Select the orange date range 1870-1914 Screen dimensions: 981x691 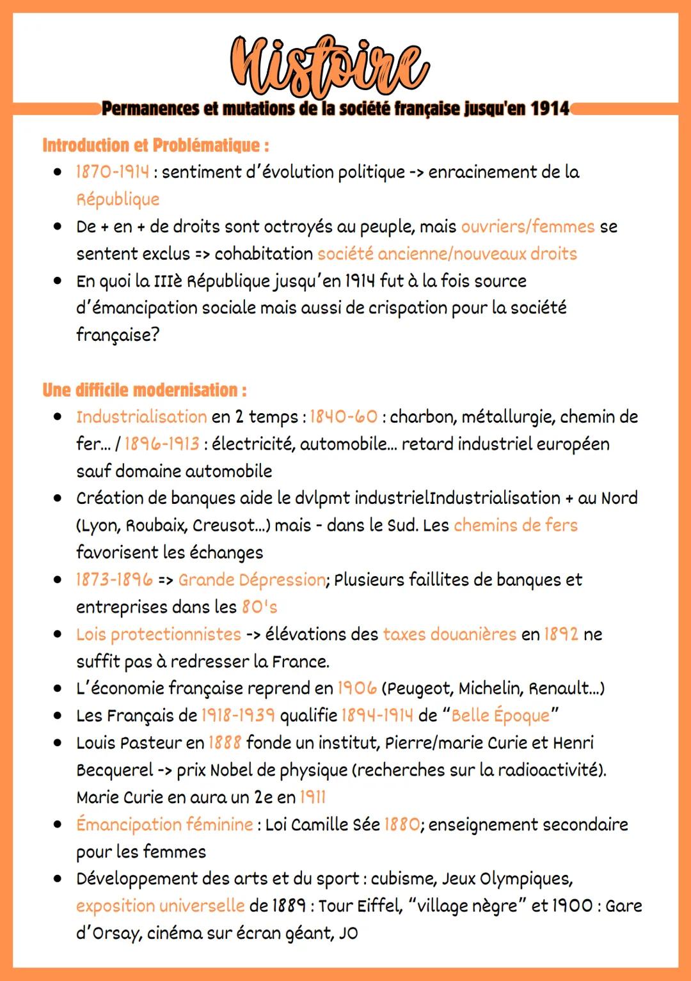point(113,172)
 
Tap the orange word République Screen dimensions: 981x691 point(118,200)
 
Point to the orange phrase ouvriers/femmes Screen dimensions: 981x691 point(527,226)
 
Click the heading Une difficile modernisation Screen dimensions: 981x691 point(144,389)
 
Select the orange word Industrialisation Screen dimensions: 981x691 point(141,417)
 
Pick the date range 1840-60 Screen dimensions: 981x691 point(344,417)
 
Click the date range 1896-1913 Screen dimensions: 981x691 point(162,444)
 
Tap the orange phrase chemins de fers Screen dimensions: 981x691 point(515,525)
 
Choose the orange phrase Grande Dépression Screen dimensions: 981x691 point(251,580)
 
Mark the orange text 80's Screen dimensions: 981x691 point(259,607)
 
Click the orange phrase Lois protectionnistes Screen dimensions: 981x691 point(158,634)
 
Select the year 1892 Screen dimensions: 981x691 point(560,634)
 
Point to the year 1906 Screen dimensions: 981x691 point(356,688)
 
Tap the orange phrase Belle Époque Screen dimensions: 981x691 point(500,716)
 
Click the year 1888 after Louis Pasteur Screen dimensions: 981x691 point(225,743)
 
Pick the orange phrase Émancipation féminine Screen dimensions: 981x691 point(164,824)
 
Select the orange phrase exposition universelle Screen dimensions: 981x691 point(160,906)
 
